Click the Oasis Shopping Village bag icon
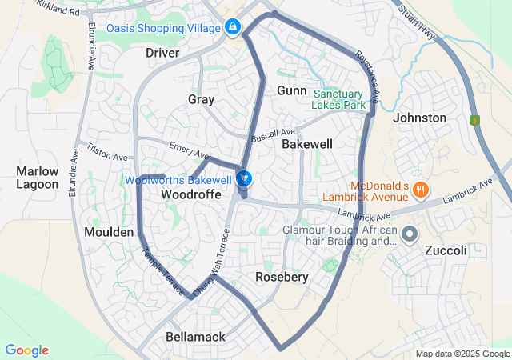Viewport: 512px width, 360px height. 232,27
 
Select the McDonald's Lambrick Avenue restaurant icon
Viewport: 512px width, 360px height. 422,190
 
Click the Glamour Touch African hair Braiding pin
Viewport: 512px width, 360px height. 410,235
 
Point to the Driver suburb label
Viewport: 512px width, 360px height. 162,53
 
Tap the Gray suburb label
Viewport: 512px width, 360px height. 201,99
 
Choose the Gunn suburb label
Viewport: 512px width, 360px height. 292,90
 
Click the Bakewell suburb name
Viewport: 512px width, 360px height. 307,144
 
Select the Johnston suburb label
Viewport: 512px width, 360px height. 420,118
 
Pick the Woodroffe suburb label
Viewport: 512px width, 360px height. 190,194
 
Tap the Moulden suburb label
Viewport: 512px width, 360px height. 109,231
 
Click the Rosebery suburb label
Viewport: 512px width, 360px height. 282,277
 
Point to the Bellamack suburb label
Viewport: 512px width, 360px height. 195,337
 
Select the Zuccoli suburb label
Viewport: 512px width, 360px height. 446,250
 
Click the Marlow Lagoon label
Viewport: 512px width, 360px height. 38,178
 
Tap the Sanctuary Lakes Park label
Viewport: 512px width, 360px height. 339,98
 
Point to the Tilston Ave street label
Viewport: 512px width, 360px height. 108,153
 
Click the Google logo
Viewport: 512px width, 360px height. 26,350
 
